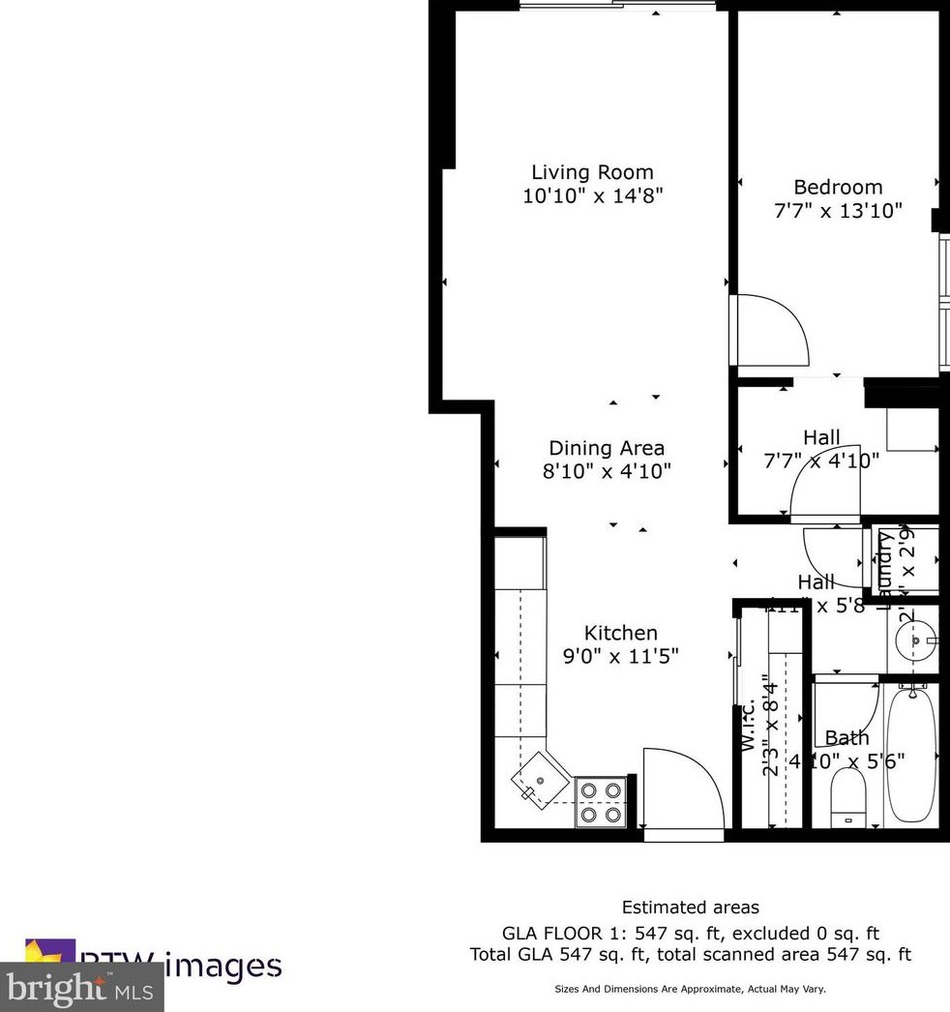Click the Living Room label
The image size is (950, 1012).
pos(592,173)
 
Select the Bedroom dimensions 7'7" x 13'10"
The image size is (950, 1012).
pos(838,210)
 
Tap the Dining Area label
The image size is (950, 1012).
pos(607,448)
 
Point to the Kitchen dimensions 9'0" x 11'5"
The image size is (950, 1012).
pos(620,655)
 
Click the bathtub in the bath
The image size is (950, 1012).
pos(910,754)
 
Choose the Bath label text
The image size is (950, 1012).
pos(847,738)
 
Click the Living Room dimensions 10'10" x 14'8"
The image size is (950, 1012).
pos(592,195)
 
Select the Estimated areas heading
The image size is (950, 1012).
pos(690,908)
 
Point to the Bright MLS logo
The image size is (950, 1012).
pos(81,989)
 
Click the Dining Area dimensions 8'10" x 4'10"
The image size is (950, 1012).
pos(607,471)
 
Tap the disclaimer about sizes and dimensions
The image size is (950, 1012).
pos(690,990)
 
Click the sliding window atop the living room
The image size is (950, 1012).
pos(619,6)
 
